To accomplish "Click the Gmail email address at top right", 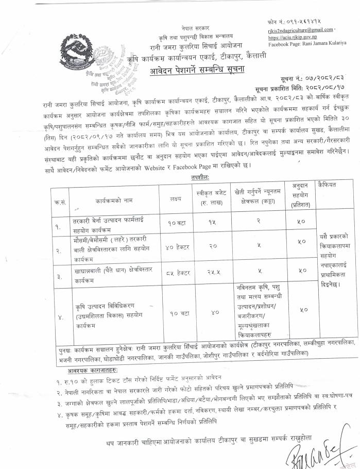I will [x=300, y=31].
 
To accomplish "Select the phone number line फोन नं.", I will [x=294, y=23].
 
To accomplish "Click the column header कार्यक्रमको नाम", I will [x=113, y=198].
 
